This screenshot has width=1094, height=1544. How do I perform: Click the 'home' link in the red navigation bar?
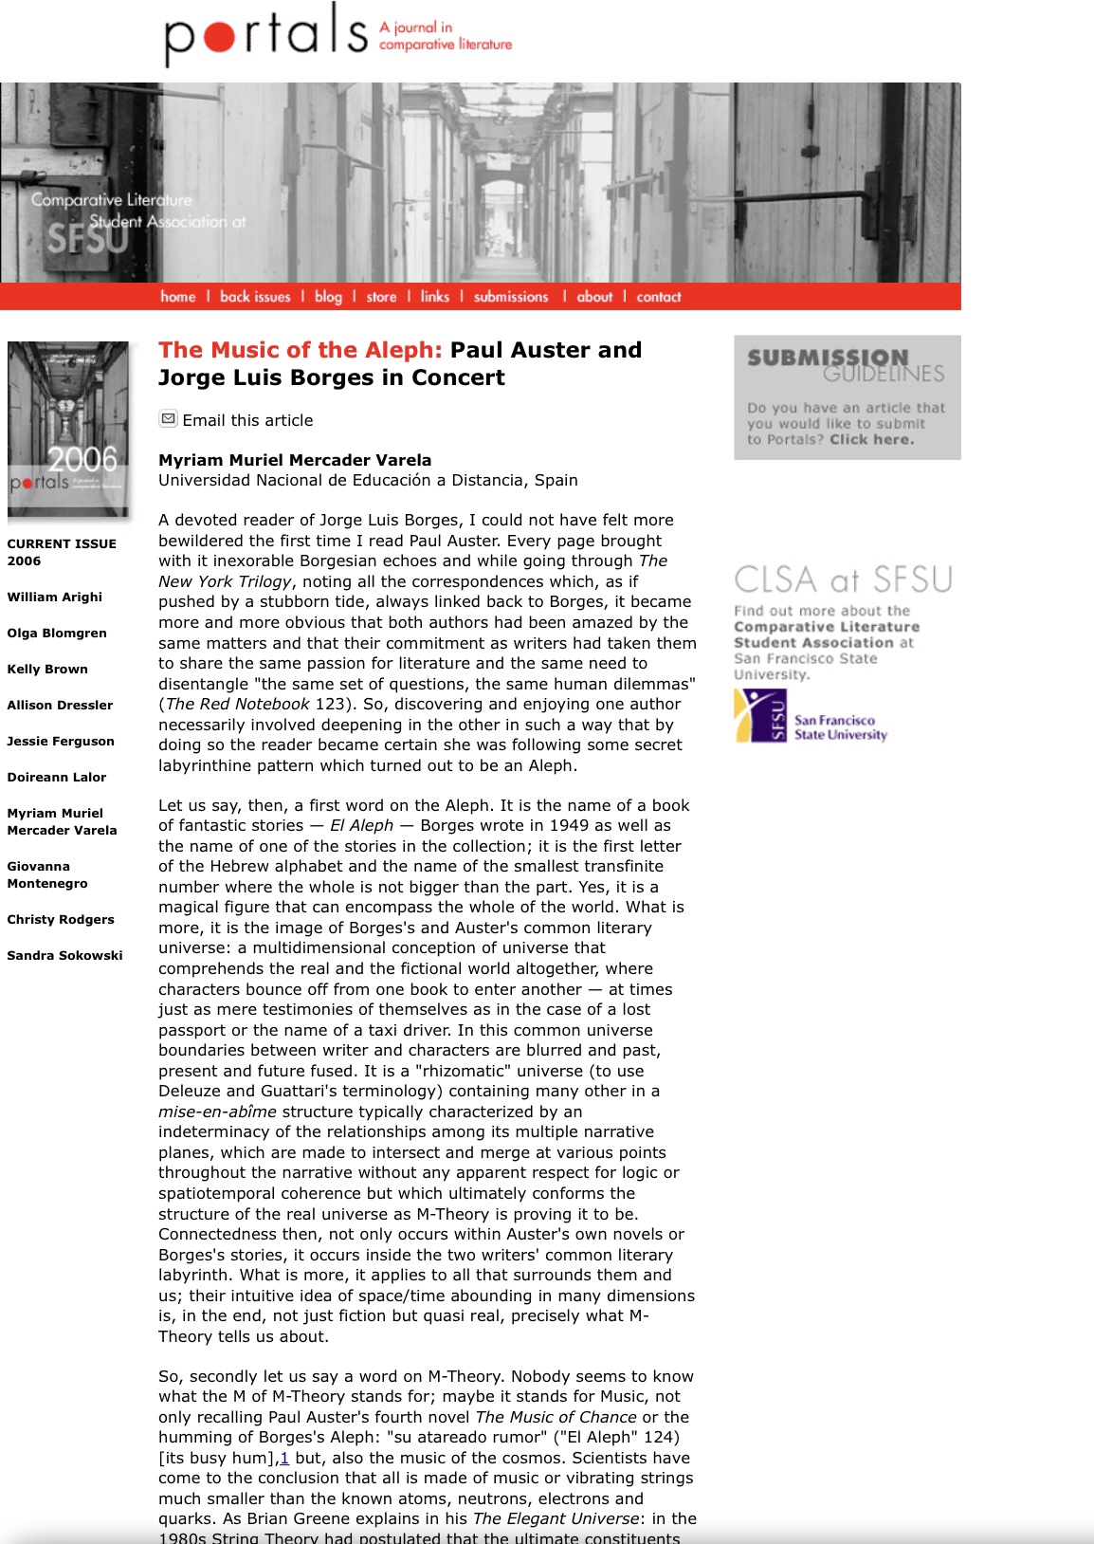(x=178, y=297)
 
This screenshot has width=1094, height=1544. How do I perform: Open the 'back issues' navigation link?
(x=255, y=297)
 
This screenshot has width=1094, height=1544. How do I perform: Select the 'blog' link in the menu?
(x=328, y=297)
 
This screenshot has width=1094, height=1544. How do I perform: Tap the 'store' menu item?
(x=381, y=297)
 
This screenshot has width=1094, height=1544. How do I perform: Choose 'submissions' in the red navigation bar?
(x=511, y=297)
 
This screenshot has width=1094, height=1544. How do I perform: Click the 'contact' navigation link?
(x=659, y=297)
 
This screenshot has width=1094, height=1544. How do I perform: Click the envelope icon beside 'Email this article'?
(x=168, y=418)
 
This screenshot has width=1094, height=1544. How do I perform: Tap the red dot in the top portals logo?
(x=221, y=37)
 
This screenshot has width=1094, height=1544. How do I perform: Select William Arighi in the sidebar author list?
(x=55, y=597)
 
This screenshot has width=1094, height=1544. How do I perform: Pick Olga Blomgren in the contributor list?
(x=57, y=633)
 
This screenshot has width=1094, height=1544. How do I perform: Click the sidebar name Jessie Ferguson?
(x=61, y=741)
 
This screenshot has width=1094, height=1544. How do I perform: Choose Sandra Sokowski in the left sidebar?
(x=64, y=955)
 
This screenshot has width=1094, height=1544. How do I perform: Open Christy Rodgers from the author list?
(x=61, y=919)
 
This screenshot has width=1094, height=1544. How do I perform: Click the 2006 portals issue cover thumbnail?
(x=68, y=429)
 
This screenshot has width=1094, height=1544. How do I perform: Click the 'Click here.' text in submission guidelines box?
(x=872, y=439)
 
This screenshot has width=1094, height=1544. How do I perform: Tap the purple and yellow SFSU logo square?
(x=760, y=716)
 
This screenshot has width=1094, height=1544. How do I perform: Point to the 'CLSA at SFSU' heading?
(x=843, y=579)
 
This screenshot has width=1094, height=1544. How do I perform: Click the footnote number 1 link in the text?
(x=284, y=1458)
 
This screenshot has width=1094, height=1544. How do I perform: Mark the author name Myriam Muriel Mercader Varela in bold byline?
(x=295, y=460)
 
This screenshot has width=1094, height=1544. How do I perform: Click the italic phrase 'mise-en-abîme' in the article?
(x=217, y=1112)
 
